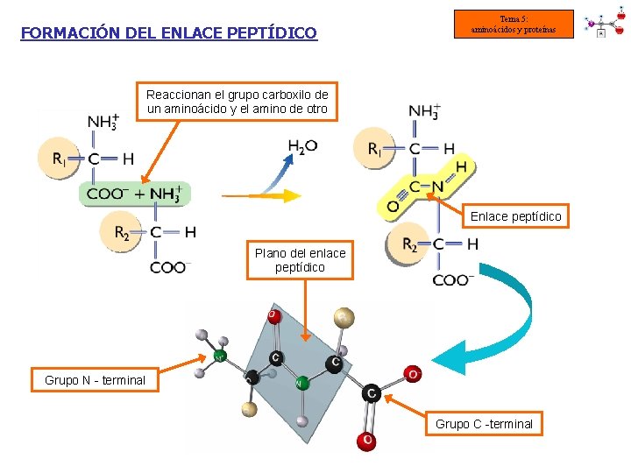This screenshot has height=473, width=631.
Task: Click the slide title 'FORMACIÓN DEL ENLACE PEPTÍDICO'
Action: click(168, 33)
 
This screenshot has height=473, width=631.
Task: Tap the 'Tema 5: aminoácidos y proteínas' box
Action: click(514, 25)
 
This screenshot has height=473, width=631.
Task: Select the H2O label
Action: click(302, 146)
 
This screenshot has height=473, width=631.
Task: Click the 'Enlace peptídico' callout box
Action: click(515, 215)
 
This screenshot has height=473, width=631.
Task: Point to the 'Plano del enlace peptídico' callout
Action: click(300, 260)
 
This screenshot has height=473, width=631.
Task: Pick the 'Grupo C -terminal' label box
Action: click(484, 424)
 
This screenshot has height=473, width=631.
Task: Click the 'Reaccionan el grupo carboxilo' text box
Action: click(237, 102)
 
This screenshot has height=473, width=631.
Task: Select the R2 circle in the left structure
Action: click(124, 232)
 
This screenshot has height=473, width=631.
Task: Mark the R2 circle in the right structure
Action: click(408, 244)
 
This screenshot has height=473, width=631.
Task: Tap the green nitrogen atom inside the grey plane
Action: click(301, 383)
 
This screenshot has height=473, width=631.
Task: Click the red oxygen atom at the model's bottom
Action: click(366, 441)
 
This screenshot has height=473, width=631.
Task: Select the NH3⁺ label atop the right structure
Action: click(424, 112)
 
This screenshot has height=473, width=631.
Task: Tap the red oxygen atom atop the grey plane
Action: click(273, 314)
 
